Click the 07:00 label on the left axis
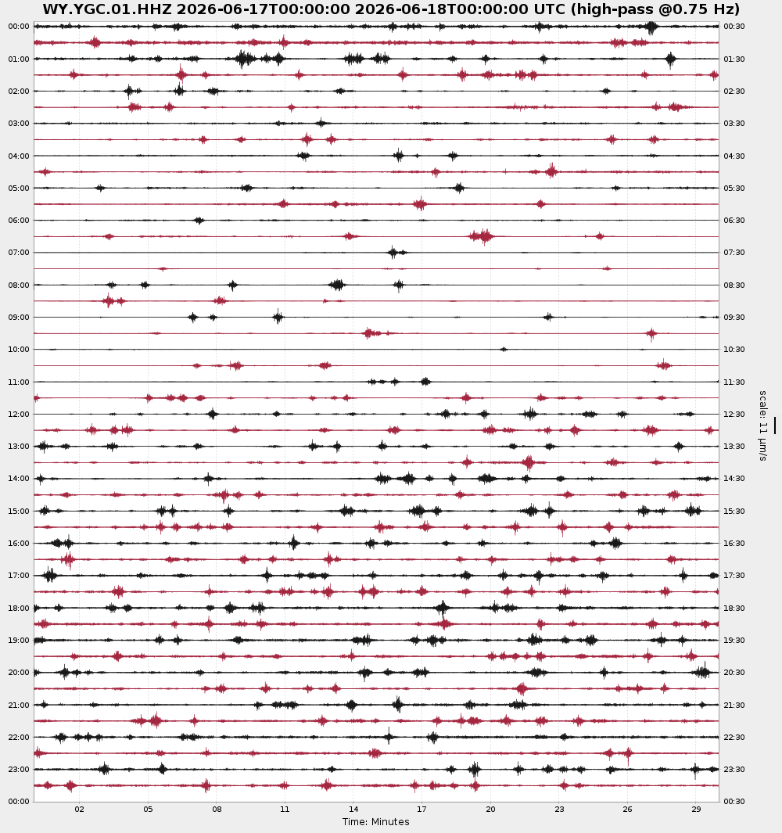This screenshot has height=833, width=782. click(19, 253)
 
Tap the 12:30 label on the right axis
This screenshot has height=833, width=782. click(734, 414)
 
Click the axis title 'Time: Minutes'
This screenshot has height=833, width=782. click(375, 822)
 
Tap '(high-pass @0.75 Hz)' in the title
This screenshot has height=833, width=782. click(655, 9)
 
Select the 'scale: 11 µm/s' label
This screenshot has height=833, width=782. click(763, 425)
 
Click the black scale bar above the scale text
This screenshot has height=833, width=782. click(774, 425)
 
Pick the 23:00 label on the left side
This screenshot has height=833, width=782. click(19, 769)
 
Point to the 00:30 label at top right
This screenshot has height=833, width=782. click(734, 27)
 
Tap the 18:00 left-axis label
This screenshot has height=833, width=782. click(19, 608)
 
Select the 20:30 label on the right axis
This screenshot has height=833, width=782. click(734, 673)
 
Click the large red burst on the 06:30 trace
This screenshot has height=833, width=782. click(482, 236)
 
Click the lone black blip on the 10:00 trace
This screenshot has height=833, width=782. click(504, 349)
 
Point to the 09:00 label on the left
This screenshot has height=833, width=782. click(19, 317)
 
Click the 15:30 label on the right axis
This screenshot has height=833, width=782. click(734, 511)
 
